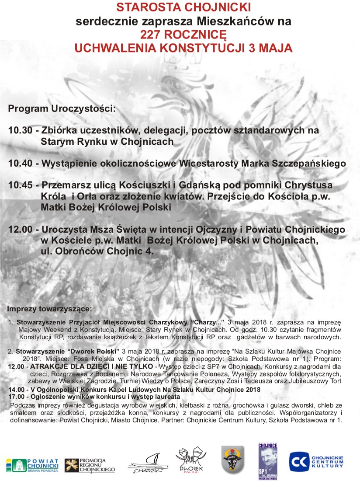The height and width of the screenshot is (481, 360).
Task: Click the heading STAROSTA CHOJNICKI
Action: pyautogui.click(x=183, y=7)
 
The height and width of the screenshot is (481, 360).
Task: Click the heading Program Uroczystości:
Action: pyautogui.click(x=62, y=108)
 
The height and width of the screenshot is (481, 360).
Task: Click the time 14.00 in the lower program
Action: pyautogui.click(x=16, y=389)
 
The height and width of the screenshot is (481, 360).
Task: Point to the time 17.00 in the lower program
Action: pyautogui.click(x=16, y=396)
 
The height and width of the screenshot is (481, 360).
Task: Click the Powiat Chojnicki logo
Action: pyautogui.click(x=32, y=465)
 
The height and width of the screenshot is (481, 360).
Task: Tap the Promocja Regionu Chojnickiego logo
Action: pyautogui.click(x=90, y=465)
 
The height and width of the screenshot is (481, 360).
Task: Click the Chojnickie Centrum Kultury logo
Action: pyautogui.click(x=316, y=461)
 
